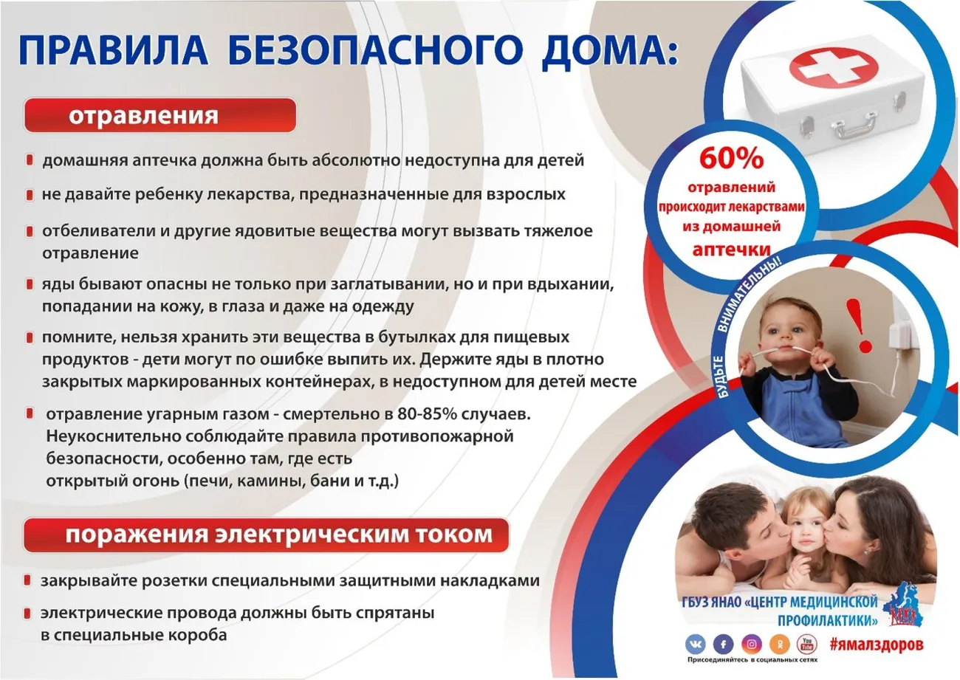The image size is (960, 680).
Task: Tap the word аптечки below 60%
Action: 732,248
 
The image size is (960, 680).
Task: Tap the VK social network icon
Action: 696,644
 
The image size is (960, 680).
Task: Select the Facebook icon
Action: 724,644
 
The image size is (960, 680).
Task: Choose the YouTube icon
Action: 807,644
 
